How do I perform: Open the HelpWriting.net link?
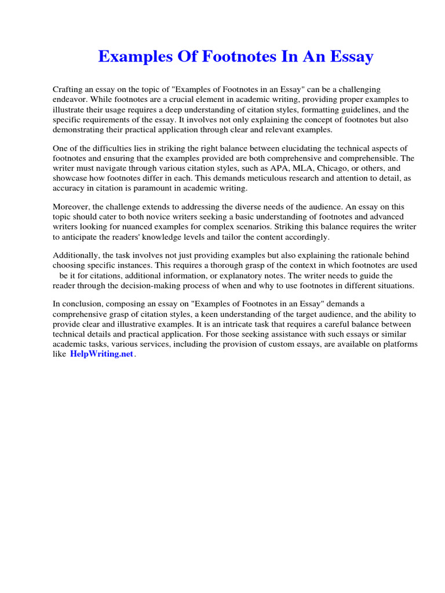101,354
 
